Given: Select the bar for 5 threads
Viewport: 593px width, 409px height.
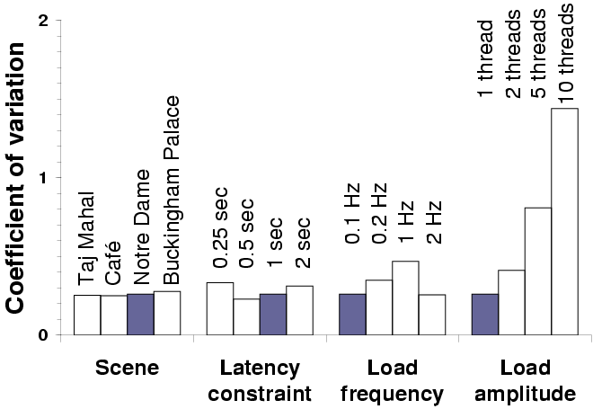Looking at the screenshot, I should tap(537, 271).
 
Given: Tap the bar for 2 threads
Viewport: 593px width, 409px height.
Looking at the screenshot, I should tap(511, 302).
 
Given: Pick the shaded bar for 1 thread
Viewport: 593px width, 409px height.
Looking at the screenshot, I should tap(485, 314).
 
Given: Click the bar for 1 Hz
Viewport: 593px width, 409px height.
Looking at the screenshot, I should tap(405, 298).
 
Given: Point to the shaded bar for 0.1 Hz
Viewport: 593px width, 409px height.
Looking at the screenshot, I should tap(352, 314).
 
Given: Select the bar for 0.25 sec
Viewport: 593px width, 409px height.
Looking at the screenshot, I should tap(220, 308).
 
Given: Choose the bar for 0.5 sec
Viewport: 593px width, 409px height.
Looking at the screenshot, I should tap(246, 316).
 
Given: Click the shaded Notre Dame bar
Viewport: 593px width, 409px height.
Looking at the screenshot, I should tap(140, 314).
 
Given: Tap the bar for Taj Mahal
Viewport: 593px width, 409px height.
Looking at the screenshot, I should tap(86, 315).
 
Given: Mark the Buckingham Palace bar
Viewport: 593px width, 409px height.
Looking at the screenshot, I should tap(167, 313).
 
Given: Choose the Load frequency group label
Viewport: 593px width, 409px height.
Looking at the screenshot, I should tap(393, 380).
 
